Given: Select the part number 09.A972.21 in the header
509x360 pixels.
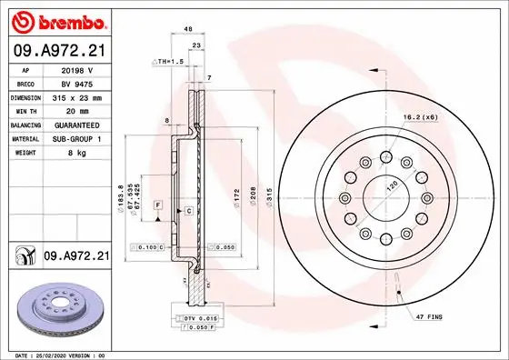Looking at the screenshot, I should click(57, 52).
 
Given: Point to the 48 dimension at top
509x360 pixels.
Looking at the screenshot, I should click(187, 30).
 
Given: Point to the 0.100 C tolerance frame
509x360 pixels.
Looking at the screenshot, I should click(147, 246).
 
